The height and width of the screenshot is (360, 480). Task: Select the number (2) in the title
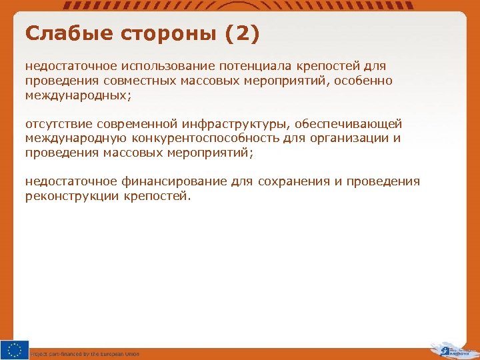(242, 33)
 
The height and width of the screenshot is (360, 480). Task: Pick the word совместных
(139, 81)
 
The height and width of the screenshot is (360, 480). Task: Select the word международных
(77, 95)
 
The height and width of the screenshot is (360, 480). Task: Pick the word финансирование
(174, 182)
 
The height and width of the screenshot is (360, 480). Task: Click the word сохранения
(287, 182)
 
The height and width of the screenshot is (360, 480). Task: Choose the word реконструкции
(72, 197)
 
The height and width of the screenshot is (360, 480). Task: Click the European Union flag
(15, 350)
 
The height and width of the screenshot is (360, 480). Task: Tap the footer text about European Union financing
(85, 354)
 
